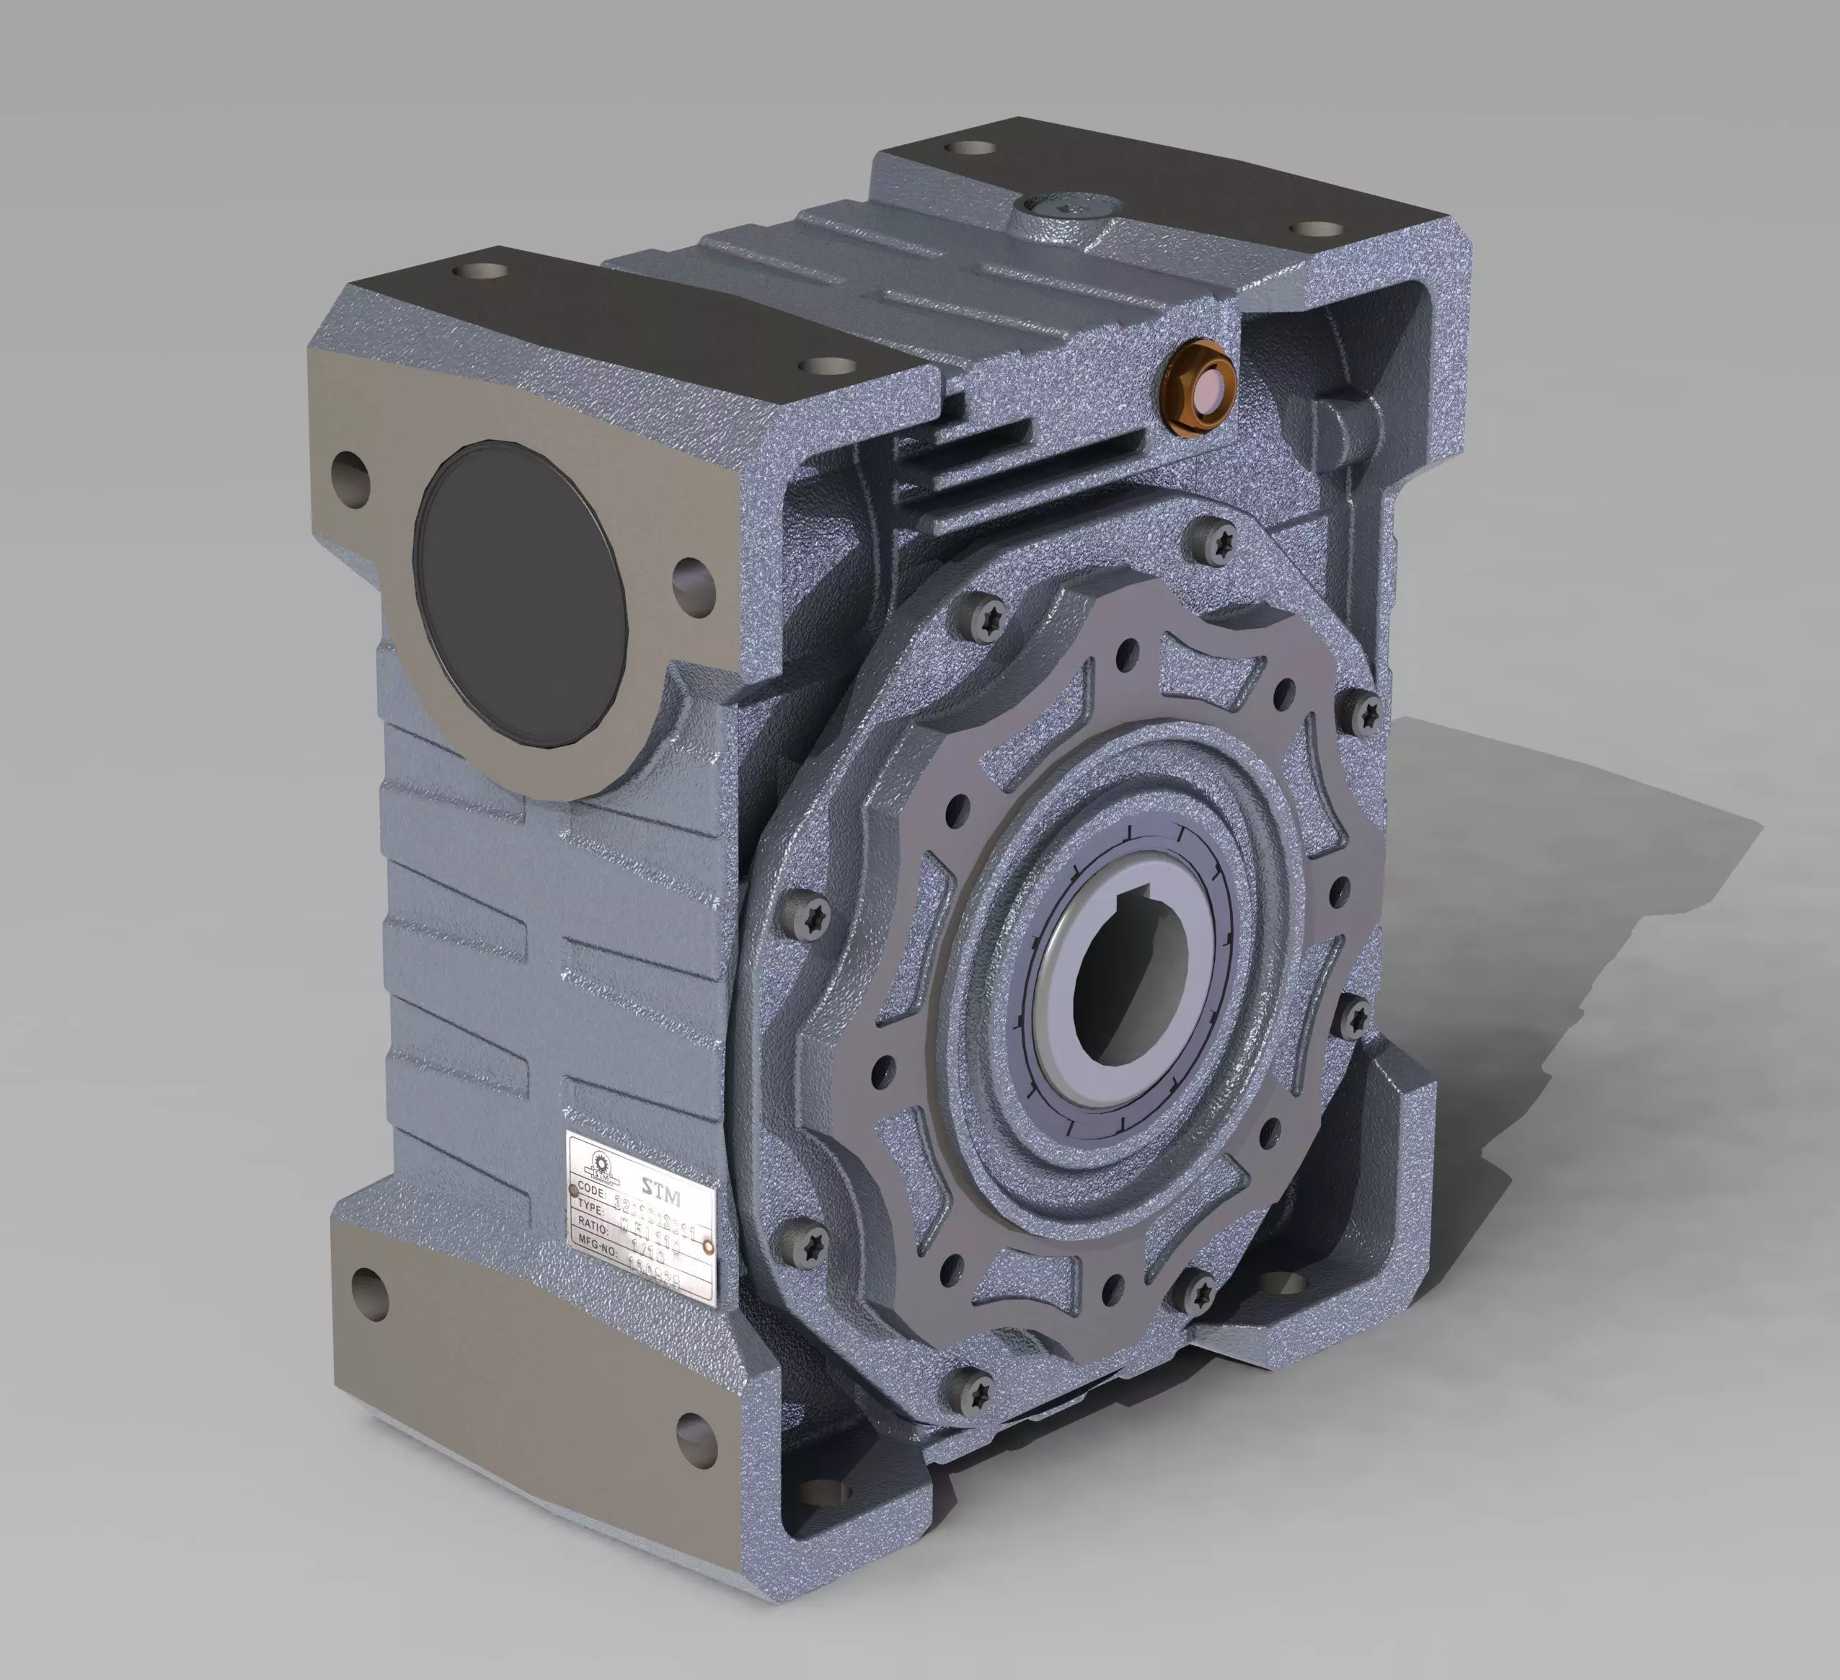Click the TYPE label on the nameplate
click(x=591, y=1206)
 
